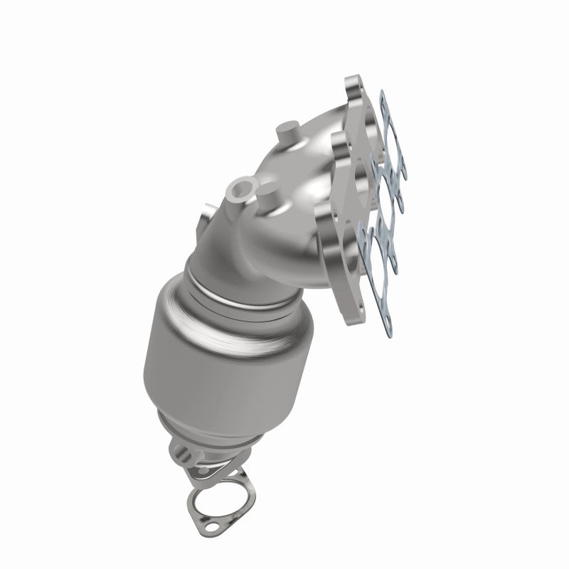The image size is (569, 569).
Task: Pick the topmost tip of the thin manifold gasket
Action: pyautogui.click(x=383, y=96)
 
